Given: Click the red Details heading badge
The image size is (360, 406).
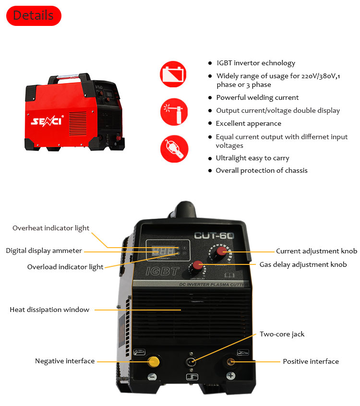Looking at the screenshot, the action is click(x=33, y=15).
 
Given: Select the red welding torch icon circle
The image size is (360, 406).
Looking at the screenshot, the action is click(x=174, y=111).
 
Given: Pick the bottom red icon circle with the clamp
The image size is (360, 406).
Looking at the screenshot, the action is click(x=174, y=148).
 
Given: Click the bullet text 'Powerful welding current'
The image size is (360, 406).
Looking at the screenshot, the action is click(x=257, y=97).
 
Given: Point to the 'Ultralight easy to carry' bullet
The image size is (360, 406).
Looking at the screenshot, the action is click(x=252, y=158).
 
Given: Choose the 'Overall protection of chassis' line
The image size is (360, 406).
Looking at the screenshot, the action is click(x=262, y=170).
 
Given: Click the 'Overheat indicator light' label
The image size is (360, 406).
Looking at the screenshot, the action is click(x=51, y=228).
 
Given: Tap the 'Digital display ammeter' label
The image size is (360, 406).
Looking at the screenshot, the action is click(x=44, y=251).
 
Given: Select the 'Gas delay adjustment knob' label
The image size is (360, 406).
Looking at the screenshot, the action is click(x=303, y=264).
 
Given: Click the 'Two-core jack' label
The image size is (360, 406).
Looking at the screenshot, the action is click(x=282, y=334).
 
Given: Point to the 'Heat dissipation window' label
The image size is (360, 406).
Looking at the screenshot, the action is click(x=49, y=310).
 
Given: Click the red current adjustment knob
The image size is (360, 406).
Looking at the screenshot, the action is click(x=221, y=251).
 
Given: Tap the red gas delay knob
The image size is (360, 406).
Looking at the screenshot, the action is click(x=198, y=265).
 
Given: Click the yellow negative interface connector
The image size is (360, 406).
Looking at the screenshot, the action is click(x=153, y=361).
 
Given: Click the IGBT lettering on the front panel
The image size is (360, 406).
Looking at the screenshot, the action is click(x=163, y=271).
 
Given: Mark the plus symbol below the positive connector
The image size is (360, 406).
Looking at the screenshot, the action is click(x=231, y=376).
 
